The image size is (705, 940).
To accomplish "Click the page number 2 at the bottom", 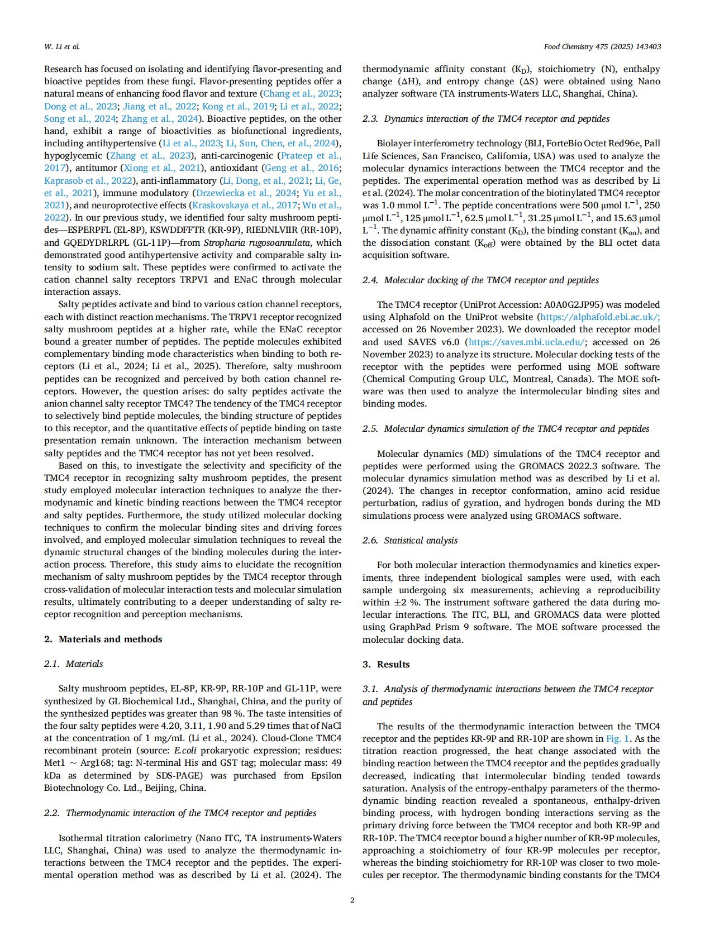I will pos(352,900).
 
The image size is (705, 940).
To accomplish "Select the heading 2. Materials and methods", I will pos(103,639).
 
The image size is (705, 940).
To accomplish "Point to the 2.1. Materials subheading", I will pos(74,664).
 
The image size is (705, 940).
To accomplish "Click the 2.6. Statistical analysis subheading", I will pos(410,540).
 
